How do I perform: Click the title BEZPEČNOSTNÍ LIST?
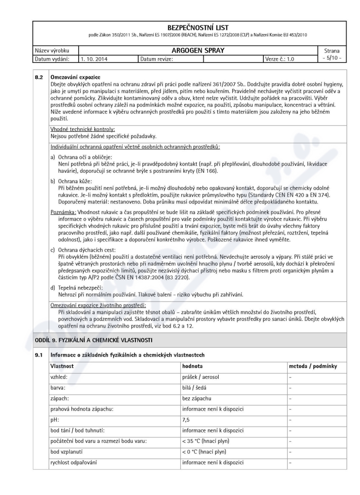180,28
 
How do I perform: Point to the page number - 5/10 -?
333,58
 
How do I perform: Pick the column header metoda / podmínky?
313,367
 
